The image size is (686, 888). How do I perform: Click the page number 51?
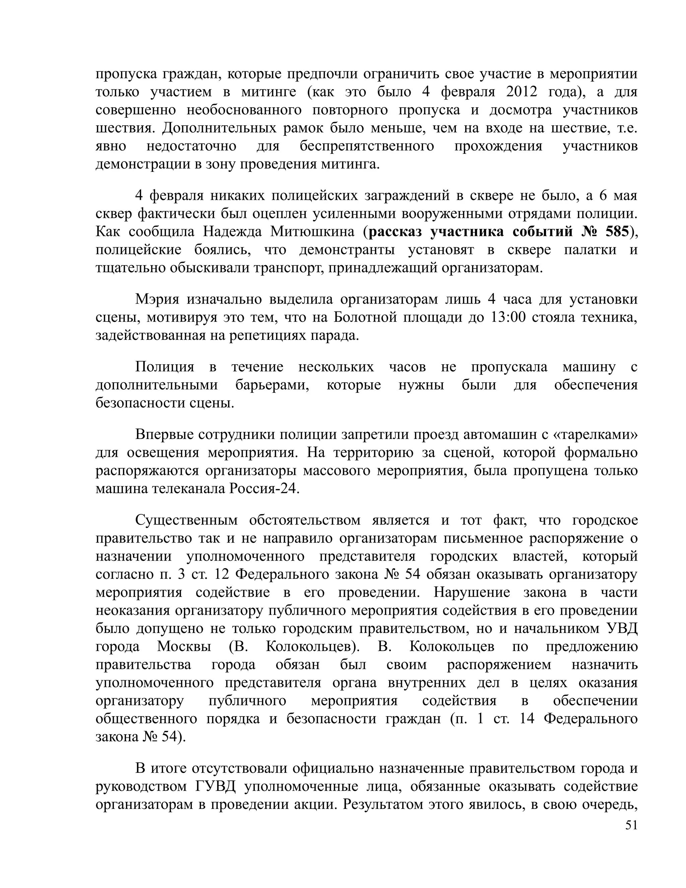(x=631, y=825)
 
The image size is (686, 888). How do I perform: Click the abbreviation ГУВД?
(x=215, y=786)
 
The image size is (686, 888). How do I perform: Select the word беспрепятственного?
(x=366, y=146)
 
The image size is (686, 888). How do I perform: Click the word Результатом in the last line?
(x=382, y=804)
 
